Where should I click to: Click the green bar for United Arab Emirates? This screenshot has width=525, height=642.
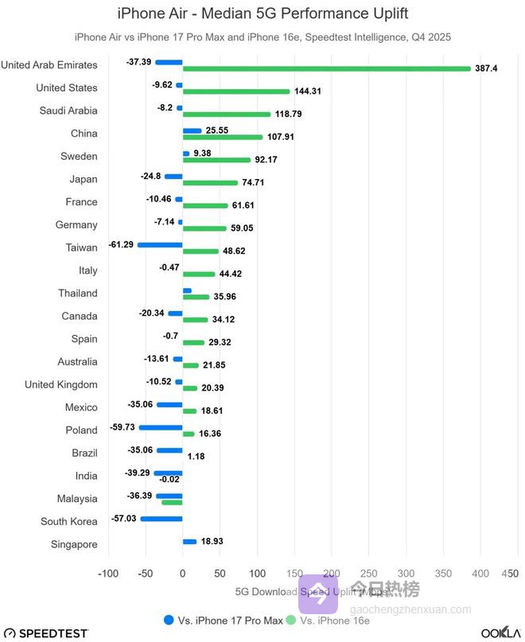point(326,68)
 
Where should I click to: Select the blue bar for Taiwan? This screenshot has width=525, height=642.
point(160,244)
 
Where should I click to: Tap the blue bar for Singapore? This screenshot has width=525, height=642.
point(189,541)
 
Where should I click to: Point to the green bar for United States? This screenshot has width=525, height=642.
point(236,91)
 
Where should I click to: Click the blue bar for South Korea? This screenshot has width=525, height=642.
point(161,518)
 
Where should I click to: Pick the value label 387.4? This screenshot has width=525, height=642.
point(485,68)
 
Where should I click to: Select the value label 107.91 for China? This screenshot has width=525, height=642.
point(281,137)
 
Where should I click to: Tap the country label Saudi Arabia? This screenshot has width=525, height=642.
point(68,111)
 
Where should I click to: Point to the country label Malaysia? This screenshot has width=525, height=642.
point(77,498)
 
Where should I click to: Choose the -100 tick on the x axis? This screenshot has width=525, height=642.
point(108,573)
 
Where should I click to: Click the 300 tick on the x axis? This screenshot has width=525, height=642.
point(406,573)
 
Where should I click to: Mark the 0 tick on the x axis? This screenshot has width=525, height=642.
point(182,573)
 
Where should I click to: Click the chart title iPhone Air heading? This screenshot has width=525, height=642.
point(262,13)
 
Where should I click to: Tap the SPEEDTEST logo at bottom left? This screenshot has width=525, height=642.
point(45,632)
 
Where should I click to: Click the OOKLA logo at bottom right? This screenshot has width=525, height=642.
point(500,632)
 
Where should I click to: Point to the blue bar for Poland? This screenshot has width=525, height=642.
point(161,427)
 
